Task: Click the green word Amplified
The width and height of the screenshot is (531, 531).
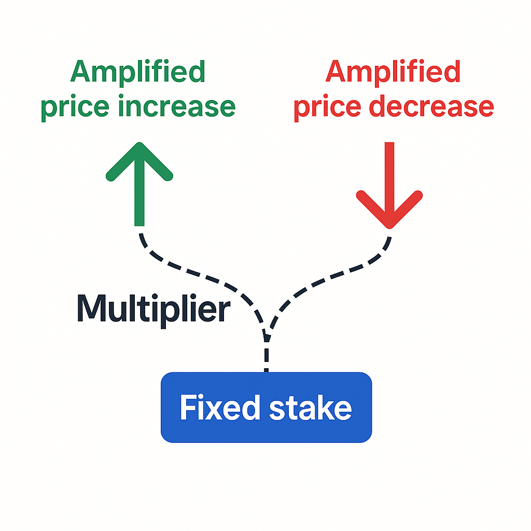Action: [138, 73]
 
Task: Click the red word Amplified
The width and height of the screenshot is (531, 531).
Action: [393, 73]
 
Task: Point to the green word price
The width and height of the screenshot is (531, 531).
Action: [72, 107]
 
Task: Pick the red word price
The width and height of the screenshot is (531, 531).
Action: [325, 107]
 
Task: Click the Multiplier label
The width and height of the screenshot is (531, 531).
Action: [153, 309]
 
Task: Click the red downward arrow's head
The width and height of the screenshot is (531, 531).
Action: [389, 210]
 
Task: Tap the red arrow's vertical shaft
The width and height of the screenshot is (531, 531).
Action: [389, 171]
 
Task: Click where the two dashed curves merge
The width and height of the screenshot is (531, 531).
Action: [267, 334]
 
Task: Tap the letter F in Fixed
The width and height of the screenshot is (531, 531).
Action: [187, 408]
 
